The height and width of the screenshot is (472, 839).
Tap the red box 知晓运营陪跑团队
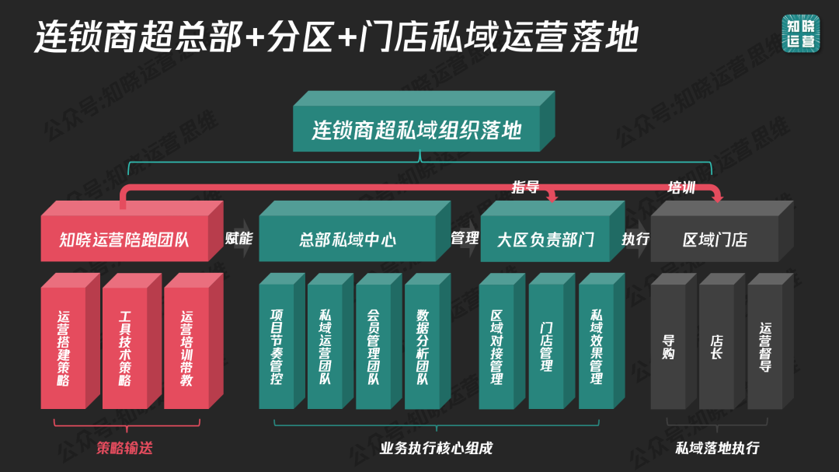(124, 239)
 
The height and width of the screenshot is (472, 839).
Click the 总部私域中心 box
(346, 239)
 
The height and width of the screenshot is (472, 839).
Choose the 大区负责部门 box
(545, 239)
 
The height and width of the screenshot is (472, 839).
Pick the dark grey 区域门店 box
(715, 239)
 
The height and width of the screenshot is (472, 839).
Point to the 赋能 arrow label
(238, 238)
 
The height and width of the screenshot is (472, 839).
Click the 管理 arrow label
(465, 238)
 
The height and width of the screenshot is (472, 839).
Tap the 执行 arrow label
(635, 238)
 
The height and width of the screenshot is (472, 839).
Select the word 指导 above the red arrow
(525, 187)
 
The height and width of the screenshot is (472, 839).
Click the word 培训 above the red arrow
(681, 187)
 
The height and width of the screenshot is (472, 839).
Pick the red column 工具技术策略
(124, 348)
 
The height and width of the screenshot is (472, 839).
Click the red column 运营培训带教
(186, 348)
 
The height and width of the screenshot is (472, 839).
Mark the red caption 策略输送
(125, 448)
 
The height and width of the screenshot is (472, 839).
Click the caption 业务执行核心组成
(436, 448)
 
